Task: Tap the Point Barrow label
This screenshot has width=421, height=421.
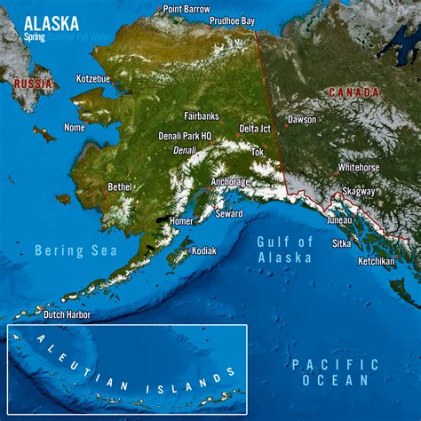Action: tap(187, 9)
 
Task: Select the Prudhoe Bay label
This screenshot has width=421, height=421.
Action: tap(232, 20)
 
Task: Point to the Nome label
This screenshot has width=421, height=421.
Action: tap(74, 128)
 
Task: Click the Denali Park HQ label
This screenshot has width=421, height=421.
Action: tap(185, 136)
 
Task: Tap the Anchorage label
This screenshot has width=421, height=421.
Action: tap(230, 181)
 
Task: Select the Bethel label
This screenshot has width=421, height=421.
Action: tap(119, 187)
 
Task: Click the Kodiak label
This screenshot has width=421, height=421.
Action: tap(203, 250)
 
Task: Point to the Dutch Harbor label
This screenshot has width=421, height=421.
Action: tap(68, 314)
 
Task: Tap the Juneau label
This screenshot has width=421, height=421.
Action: tap(339, 219)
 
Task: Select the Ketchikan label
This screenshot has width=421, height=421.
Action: tap(377, 261)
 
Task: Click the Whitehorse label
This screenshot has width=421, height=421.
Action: tap(359, 167)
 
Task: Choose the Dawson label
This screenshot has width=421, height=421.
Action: tap(302, 119)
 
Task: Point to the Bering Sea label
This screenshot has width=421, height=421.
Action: tap(76, 251)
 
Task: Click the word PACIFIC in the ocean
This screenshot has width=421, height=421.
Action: tap(336, 364)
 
